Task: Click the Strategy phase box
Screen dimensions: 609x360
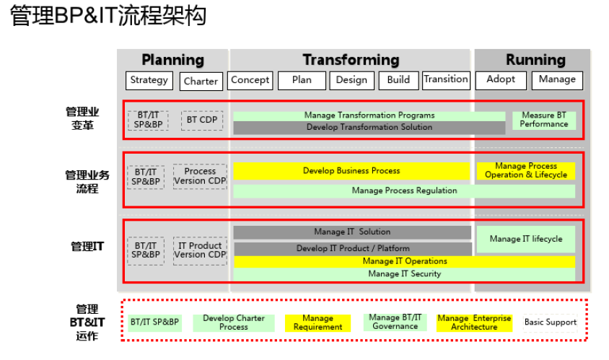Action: point(149,80)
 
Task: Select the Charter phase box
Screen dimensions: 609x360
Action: point(201,82)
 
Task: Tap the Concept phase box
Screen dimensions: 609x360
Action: point(250,80)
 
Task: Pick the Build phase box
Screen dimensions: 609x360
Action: point(399,80)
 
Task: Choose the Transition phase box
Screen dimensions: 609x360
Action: point(446,80)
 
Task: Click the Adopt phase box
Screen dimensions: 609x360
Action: point(501,80)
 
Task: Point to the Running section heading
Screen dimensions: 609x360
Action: point(535,60)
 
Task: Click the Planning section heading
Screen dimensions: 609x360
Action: point(173,60)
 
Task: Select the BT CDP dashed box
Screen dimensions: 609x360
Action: point(202,120)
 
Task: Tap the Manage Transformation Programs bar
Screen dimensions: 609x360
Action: point(369,115)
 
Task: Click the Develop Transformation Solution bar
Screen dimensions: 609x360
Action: point(369,128)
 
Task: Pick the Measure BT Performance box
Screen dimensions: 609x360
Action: point(544,120)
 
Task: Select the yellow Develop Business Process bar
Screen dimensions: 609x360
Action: point(351,171)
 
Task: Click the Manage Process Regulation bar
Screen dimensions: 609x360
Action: point(404,191)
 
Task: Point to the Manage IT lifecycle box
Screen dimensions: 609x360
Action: point(526,240)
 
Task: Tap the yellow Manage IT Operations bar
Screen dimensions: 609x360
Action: point(405,261)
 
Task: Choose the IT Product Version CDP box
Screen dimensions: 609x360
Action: point(200,251)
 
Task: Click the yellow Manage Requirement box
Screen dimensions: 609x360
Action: point(317,323)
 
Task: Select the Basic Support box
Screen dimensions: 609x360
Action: point(551,322)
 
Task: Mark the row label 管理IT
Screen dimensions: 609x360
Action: point(87,247)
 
